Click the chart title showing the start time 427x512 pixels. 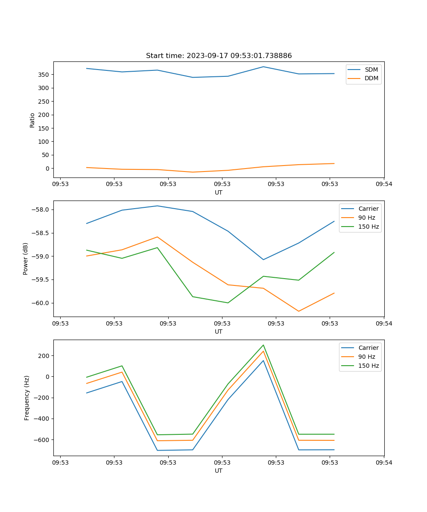point(219,56)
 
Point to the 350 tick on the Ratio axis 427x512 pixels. point(45,75)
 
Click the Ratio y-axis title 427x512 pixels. point(32,120)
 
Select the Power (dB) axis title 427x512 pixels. point(26,259)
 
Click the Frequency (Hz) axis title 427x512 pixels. point(27,398)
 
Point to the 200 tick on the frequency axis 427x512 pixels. point(45,356)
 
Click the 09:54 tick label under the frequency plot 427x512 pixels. point(383,463)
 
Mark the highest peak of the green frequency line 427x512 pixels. point(263,345)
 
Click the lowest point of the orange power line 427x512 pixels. point(298,311)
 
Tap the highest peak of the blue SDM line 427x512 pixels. point(263,67)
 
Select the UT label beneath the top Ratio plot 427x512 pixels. point(219,192)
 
